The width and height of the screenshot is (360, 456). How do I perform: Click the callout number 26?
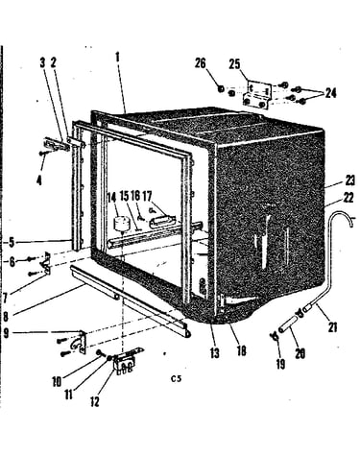(201, 63)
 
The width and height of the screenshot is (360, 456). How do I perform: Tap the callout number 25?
(234, 64)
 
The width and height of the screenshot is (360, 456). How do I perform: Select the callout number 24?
(331, 93)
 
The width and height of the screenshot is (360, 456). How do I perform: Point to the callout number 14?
(111, 197)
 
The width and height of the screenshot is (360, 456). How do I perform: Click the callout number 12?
(95, 401)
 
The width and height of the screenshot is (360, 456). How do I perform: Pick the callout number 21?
(333, 327)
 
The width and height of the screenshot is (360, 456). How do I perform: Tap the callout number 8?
(6, 317)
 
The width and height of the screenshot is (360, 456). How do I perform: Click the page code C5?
(176, 379)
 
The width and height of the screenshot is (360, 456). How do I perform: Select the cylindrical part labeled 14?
(122, 224)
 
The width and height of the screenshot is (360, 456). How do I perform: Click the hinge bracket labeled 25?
(258, 95)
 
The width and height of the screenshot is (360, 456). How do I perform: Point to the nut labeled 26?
(221, 88)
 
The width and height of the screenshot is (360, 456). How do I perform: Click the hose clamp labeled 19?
(275, 336)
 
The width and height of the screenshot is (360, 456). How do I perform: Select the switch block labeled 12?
(124, 361)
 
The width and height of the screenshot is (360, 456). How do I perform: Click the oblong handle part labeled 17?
(162, 222)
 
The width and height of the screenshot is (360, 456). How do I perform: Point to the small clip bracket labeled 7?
(46, 263)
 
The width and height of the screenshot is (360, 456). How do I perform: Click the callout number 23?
(350, 181)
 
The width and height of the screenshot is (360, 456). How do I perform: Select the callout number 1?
(117, 58)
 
